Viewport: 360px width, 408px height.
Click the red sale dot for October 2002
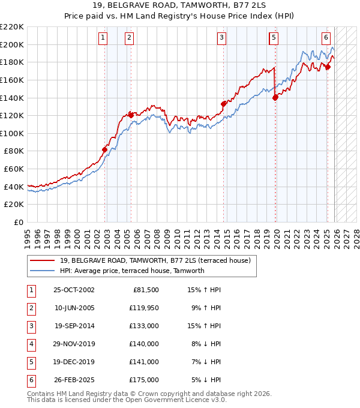click(104, 149)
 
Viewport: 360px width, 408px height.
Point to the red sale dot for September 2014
click(223, 104)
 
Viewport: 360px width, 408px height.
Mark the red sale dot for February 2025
click(328, 67)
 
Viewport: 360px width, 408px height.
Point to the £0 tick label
click(18, 222)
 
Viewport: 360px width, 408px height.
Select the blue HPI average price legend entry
click(132, 271)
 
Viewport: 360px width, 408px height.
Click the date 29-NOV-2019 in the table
click(74, 344)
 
